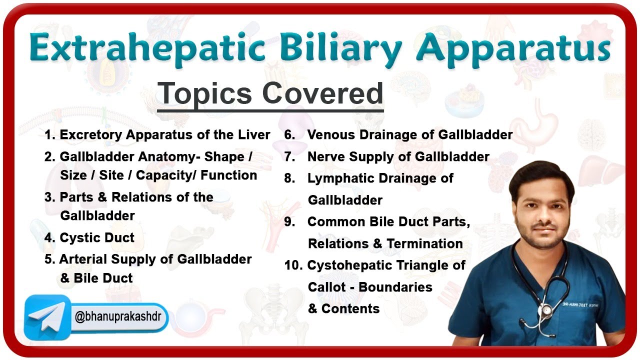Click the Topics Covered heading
click(270, 93)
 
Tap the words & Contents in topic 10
click(343, 308)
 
